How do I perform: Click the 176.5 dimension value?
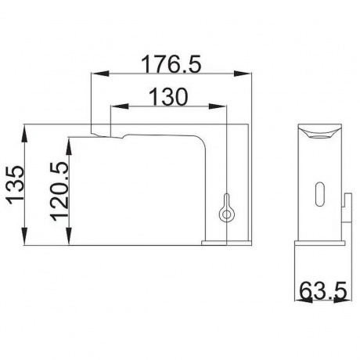(x=171, y=63)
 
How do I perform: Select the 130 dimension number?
(x=168, y=96)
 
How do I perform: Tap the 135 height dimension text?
(x=15, y=185)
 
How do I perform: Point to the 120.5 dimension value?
(x=59, y=192)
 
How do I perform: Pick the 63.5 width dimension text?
(x=323, y=290)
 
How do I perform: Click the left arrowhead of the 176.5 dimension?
(x=99, y=74)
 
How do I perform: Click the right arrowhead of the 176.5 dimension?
(x=243, y=74)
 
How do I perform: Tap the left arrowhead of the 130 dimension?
(x=120, y=106)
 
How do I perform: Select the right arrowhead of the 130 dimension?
(x=216, y=106)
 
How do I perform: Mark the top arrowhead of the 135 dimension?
(x=24, y=133)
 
